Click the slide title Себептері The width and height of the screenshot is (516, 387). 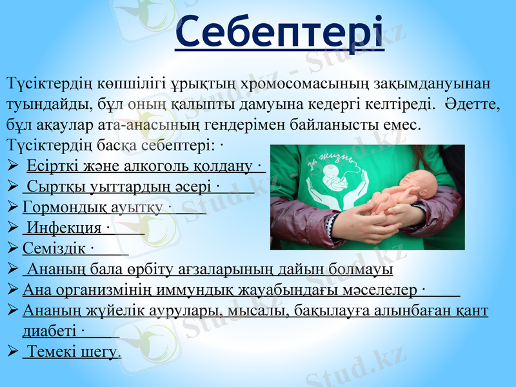(280, 32)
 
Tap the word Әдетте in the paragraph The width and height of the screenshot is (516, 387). (473, 103)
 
